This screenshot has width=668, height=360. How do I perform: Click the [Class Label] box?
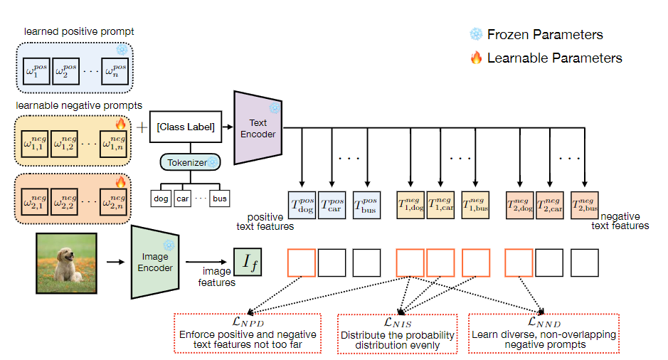coord(186,127)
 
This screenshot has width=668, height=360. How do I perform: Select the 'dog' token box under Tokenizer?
coord(161,198)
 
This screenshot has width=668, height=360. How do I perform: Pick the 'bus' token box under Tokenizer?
coord(220,198)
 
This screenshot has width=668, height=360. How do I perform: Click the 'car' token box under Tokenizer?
coord(183,198)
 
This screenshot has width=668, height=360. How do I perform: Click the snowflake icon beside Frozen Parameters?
coord(476,34)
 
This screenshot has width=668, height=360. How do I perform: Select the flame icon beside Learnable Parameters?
coord(476,58)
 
